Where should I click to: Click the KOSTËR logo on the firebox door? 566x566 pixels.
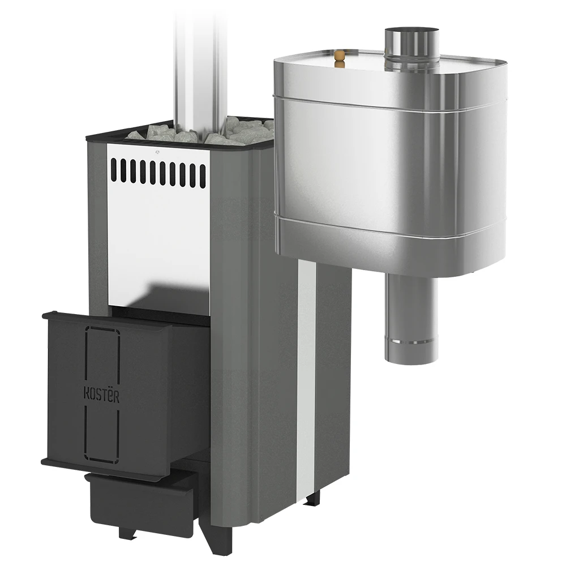[x=101, y=395]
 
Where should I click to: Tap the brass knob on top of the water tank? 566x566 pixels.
[x=338, y=59]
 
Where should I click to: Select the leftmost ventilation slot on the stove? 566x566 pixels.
[x=114, y=169]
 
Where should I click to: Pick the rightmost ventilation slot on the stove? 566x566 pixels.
[x=203, y=176]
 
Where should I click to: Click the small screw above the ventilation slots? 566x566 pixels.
[x=157, y=152]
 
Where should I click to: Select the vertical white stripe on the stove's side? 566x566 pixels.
[x=306, y=379]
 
